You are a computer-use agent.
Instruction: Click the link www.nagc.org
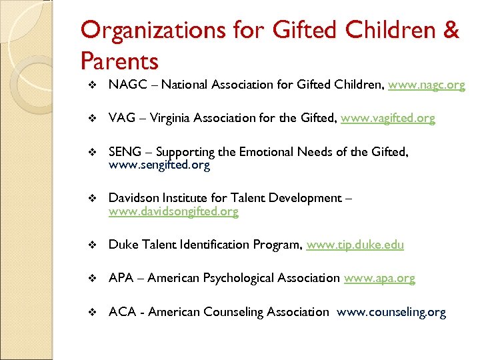click(x=426, y=85)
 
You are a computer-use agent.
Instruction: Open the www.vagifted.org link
click(x=387, y=118)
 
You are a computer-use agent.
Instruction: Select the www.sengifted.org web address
click(x=159, y=165)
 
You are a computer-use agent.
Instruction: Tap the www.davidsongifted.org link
click(x=173, y=211)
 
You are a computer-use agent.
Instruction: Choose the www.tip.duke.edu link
click(x=355, y=245)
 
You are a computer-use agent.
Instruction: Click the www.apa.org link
click(x=379, y=278)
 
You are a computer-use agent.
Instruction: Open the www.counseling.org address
click(x=391, y=311)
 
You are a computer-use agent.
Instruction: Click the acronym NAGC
click(x=123, y=85)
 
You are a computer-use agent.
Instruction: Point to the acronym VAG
click(x=121, y=118)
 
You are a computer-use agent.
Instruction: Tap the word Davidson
click(x=133, y=198)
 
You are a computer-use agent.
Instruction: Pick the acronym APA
click(x=120, y=278)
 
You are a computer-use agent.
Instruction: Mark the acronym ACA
click(x=121, y=311)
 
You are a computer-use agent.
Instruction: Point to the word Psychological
click(x=228, y=278)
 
